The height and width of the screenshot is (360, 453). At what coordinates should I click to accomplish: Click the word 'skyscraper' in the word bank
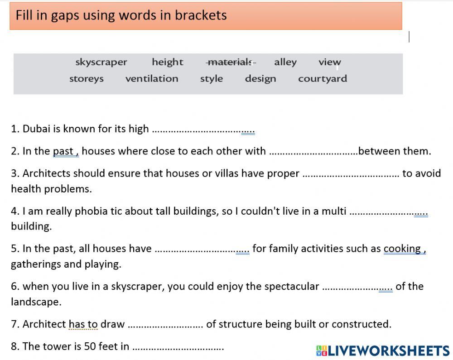click(101, 62)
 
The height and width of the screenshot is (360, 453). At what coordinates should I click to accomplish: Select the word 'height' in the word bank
click(167, 62)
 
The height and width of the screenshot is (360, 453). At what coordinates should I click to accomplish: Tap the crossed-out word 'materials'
click(231, 62)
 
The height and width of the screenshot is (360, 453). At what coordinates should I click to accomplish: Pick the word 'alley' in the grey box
click(285, 62)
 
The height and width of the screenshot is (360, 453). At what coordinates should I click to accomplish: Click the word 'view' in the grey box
click(329, 62)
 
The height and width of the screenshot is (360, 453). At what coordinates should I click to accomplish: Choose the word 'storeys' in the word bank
click(86, 78)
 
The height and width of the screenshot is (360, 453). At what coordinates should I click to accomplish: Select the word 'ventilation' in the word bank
click(152, 78)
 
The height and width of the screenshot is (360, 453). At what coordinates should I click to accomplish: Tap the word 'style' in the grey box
click(211, 78)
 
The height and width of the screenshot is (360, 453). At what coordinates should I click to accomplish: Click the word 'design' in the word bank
click(260, 78)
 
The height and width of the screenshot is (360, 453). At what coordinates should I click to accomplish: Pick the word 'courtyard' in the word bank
click(322, 78)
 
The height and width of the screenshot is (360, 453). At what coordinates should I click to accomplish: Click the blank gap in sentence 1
click(203, 130)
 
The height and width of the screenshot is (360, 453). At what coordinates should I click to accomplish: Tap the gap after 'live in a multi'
click(389, 212)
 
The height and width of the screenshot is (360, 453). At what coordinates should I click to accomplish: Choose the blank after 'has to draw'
click(165, 326)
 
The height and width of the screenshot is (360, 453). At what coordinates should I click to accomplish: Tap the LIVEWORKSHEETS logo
click(383, 350)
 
